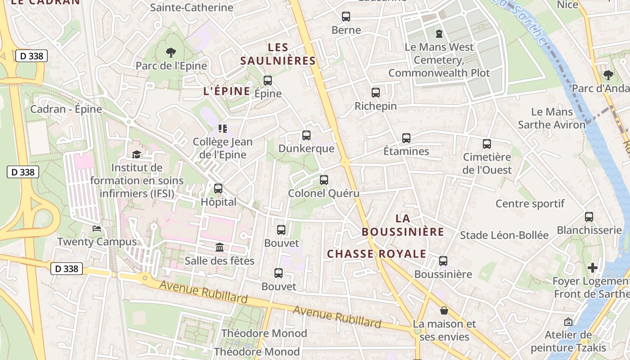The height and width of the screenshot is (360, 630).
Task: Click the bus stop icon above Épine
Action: coord(268,81)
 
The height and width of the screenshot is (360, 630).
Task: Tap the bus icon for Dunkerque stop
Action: coord(306,135)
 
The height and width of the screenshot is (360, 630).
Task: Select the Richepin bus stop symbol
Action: coord(376,93)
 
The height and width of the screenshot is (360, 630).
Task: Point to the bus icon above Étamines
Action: coord(406,138)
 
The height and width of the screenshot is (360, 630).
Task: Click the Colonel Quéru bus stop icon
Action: coord(324,180)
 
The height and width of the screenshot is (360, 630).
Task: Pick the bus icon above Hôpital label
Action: coord(218,189)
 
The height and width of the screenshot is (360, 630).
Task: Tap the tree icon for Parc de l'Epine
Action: coord(171,53)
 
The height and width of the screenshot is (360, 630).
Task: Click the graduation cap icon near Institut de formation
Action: coord(136,155)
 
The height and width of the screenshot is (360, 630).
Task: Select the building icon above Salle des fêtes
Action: coord(220,247)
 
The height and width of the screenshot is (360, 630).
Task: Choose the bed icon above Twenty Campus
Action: coord(97,229)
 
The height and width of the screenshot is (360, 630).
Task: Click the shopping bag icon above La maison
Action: coord(444,310)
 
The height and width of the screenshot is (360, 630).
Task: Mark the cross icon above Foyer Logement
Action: coord(593,268)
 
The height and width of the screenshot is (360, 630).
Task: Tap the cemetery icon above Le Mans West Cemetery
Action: coord(439,33)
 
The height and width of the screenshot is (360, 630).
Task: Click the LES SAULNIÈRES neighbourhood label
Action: coord(278,54)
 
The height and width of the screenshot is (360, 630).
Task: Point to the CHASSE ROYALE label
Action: coord(376,254)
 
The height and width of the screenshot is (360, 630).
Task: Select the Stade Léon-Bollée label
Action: coord(504,235)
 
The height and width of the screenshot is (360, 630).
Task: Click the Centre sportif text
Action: coord(530,203)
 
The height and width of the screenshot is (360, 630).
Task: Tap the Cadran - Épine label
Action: coord(66,109)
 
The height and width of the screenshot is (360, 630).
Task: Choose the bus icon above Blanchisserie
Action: coord(589,217)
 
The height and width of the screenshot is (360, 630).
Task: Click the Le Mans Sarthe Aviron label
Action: coord(552,118)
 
